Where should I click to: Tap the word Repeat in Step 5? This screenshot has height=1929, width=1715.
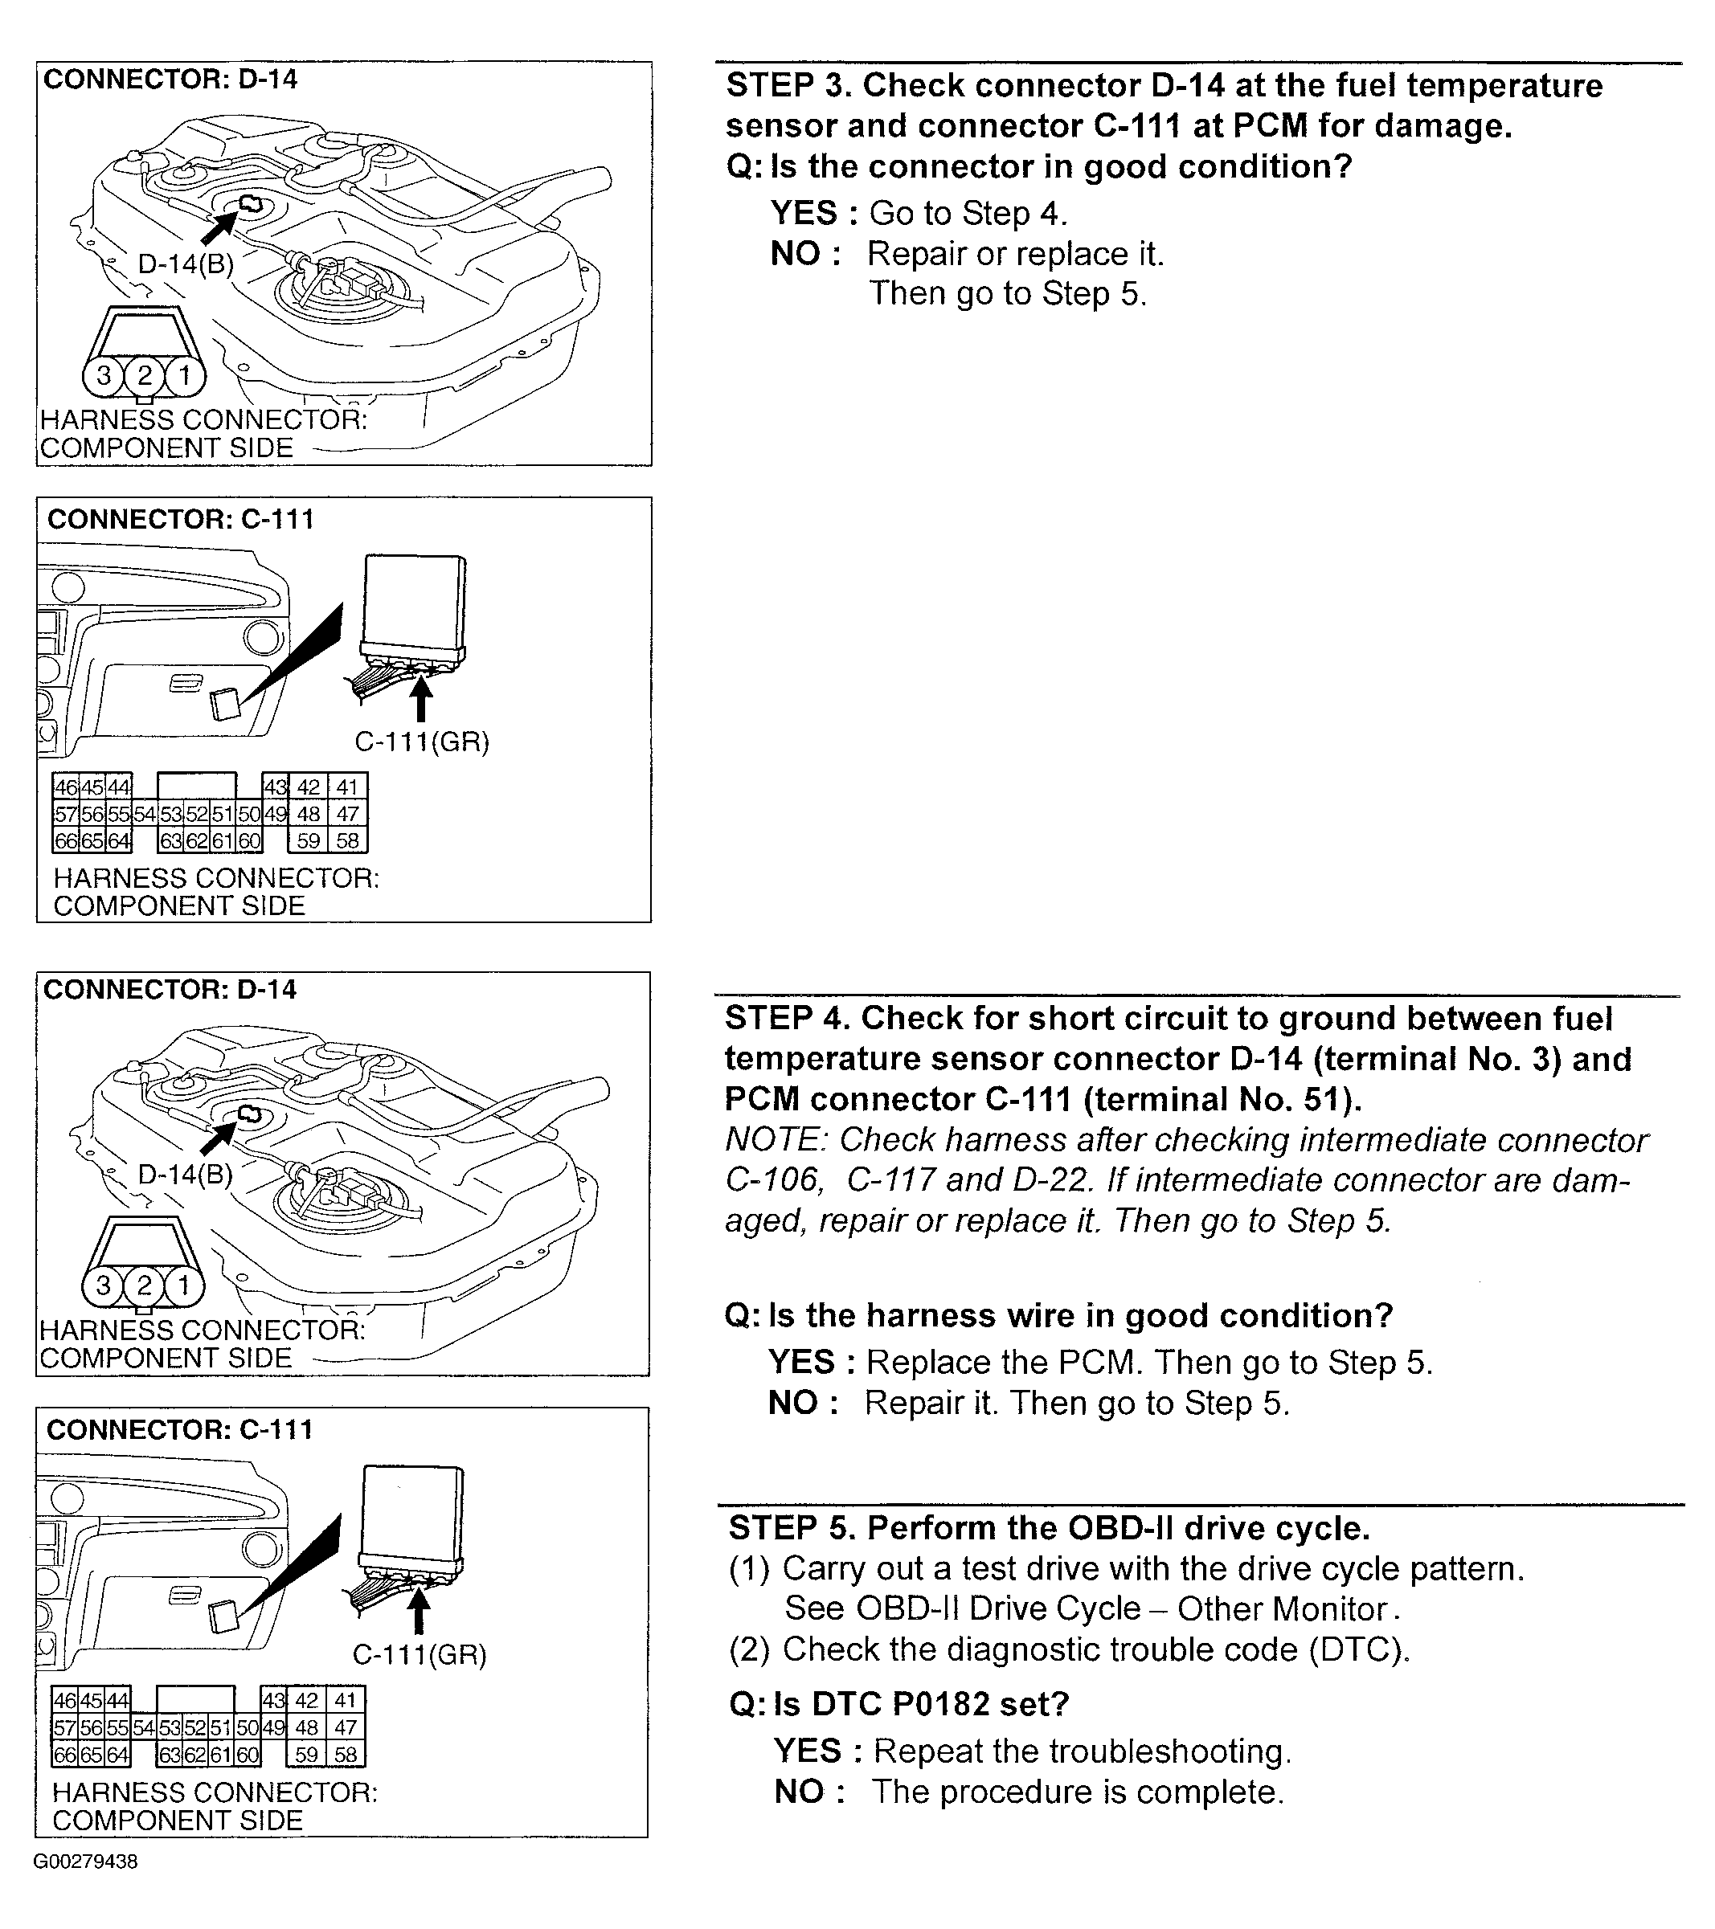pos(929,1751)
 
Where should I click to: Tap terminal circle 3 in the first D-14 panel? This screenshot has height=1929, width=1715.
pos(104,376)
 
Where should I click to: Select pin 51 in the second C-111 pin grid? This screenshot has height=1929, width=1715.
pos(223,1728)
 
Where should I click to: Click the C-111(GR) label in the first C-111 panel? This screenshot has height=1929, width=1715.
pos(422,742)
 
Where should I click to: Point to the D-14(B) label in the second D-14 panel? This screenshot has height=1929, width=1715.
pos(185,1174)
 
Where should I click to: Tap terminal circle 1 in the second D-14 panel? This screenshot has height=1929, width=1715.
pos(184,1285)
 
